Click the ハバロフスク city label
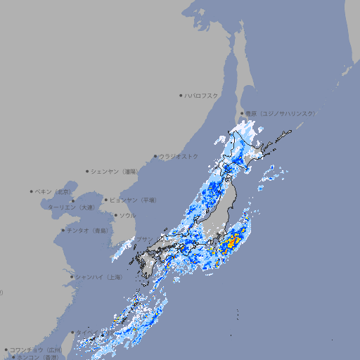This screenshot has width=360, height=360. coord(202,95)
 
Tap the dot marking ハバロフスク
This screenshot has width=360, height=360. coord(181,95)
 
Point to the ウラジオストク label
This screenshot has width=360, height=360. coord(179,156)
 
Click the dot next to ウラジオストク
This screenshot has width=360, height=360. coord(155,156)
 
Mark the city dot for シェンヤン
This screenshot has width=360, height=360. coord(88,171)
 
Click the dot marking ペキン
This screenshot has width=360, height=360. coord(32,191)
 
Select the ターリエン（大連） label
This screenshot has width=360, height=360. coord(70,207)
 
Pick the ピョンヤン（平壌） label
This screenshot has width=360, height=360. coord(134,200)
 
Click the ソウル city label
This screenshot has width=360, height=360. coord(127,215)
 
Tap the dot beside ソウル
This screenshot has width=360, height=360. coord(115,215)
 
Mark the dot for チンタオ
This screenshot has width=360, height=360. coord(63,230)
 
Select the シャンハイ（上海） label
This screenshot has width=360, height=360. coord(99,277)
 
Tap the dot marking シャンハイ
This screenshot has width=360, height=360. coord(72,277)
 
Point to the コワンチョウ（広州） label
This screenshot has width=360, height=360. coord(36,349)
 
